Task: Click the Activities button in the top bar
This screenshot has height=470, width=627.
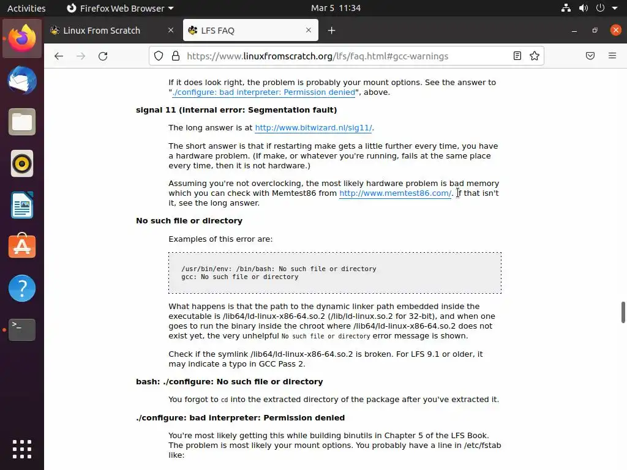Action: (x=26, y=8)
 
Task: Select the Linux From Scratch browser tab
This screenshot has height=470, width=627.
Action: (x=102, y=31)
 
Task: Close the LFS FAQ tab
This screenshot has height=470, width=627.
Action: (x=309, y=31)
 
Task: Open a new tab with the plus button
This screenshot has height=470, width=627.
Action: (x=331, y=31)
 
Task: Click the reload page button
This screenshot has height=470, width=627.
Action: (x=103, y=56)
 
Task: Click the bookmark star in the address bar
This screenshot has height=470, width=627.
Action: (x=535, y=56)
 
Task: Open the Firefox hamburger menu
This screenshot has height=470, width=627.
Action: (x=612, y=56)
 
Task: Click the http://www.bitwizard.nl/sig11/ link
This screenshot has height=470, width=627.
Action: (x=313, y=128)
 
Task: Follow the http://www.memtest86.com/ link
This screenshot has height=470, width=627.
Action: (x=395, y=193)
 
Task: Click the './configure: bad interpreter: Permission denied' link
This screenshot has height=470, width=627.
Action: (x=263, y=92)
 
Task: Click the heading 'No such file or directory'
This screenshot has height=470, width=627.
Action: (x=189, y=221)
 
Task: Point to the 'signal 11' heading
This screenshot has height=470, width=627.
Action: (x=236, y=110)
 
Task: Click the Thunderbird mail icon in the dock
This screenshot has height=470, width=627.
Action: (x=22, y=81)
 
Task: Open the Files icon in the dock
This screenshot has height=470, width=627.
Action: (x=22, y=122)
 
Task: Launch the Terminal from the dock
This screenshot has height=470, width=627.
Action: (x=22, y=330)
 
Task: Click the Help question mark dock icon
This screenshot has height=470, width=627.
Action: (x=22, y=288)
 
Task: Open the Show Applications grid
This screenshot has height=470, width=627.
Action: (x=22, y=449)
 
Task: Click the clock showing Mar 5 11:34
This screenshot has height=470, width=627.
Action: (x=336, y=8)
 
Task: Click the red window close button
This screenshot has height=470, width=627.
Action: (x=615, y=31)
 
